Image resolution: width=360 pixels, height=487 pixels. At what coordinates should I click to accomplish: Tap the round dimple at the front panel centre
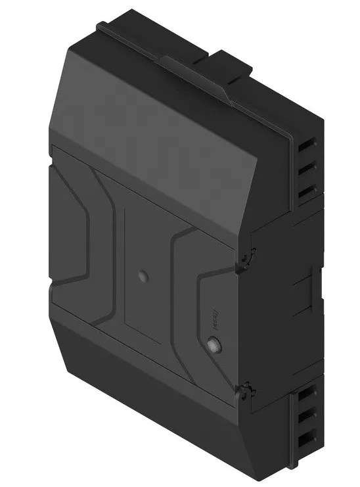[142, 275]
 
